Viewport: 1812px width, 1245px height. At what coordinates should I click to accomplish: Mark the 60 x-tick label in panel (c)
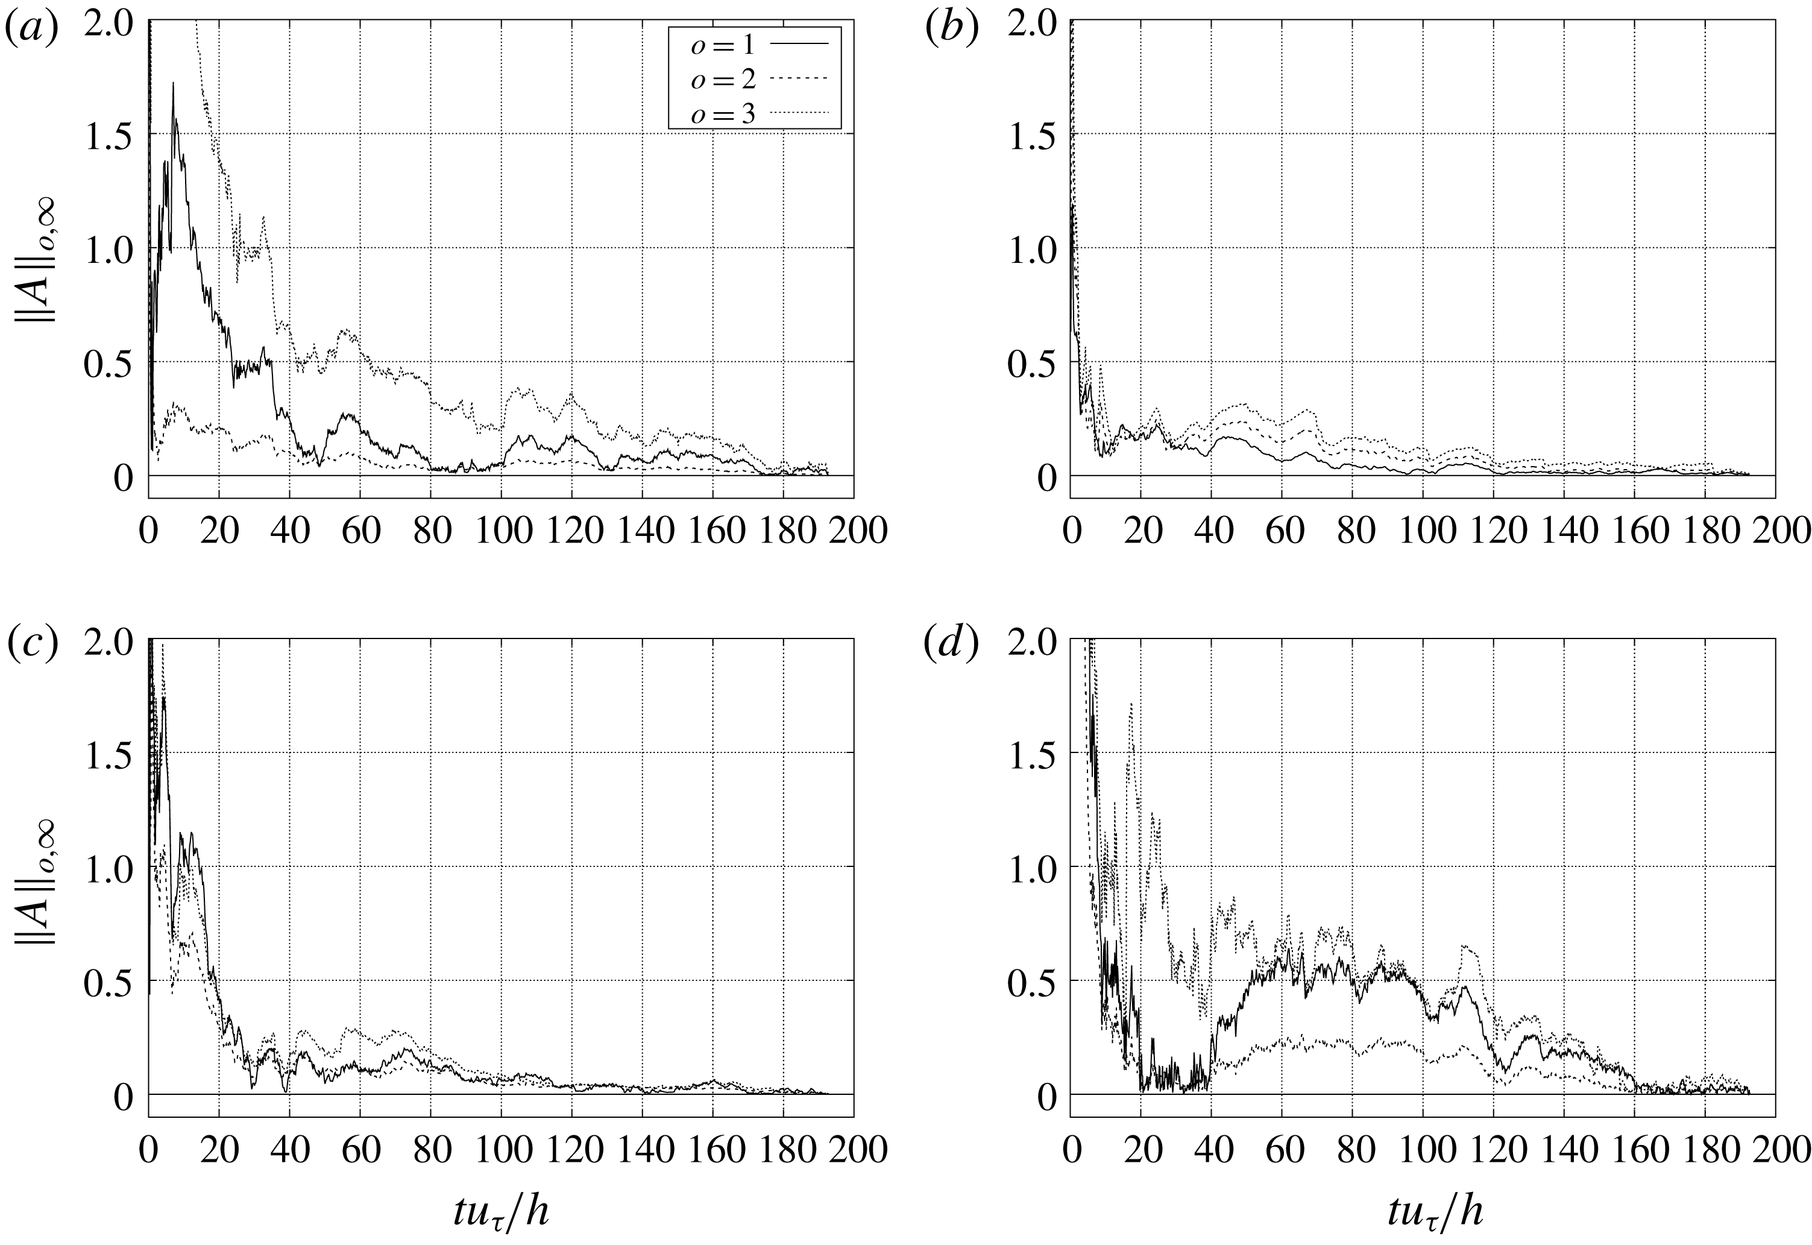(x=360, y=1150)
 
